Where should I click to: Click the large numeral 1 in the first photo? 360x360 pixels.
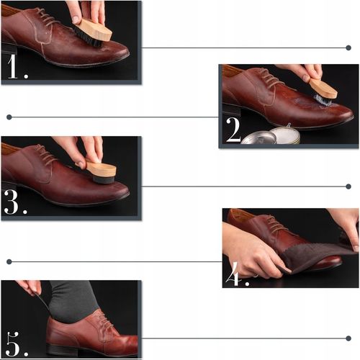12,66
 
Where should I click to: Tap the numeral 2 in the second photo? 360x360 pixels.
233,130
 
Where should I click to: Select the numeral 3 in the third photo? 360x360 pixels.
11,202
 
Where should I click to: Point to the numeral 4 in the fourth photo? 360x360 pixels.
233,274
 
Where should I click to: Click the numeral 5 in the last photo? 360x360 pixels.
12,344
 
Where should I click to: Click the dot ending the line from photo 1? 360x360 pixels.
348,48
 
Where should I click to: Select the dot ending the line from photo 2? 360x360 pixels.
9,117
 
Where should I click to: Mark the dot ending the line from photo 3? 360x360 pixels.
348,186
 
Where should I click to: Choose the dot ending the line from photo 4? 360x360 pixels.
9,261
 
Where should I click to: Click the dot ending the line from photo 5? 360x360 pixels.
348,338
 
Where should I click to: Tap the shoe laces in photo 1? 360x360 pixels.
47,17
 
